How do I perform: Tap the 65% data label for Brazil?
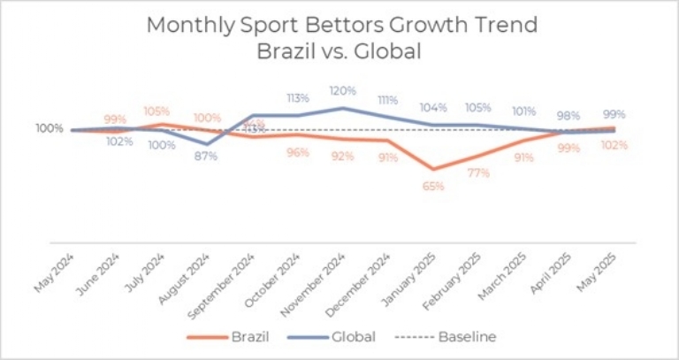tap(432, 187)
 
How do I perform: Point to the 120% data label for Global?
tap(342, 90)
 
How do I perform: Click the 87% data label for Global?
tap(207, 157)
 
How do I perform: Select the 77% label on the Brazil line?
tap(477, 173)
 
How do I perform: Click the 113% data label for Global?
tap(297, 98)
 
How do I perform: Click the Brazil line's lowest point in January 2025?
tap(432, 169)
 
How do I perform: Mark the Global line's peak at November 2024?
tap(342, 108)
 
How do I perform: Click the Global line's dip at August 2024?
tap(207, 144)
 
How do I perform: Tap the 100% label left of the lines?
tap(50, 128)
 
